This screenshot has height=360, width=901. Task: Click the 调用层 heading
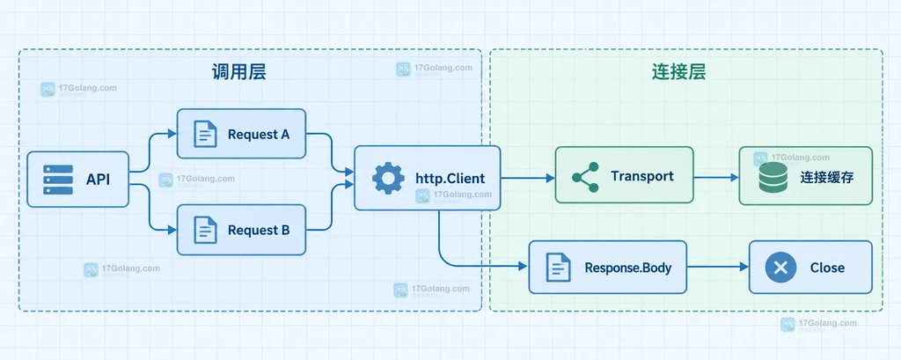[x=239, y=72]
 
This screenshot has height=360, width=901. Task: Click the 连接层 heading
[x=678, y=72]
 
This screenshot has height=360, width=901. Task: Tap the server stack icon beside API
[x=58, y=180]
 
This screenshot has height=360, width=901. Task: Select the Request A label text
[x=259, y=135]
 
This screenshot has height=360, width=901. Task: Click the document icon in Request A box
[x=205, y=134]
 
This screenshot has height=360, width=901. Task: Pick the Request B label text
[x=259, y=231]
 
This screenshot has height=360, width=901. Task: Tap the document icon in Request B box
[x=205, y=230]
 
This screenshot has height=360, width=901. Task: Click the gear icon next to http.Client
[x=388, y=179]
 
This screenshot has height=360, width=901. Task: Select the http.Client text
[x=450, y=179]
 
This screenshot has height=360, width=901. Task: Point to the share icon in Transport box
[x=585, y=177]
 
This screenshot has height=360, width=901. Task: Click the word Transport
[x=642, y=176]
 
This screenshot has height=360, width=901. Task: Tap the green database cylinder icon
[x=773, y=177]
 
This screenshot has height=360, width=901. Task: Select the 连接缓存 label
[x=827, y=177]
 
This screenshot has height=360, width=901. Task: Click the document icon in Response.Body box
[x=558, y=267]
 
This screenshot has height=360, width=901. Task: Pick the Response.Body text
[x=628, y=268]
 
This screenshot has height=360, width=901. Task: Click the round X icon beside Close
[x=780, y=268]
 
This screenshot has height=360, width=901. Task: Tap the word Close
[x=827, y=268]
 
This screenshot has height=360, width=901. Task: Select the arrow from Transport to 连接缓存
[x=716, y=178]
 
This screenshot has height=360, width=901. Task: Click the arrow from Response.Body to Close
[x=718, y=267]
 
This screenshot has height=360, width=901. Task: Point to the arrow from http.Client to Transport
[x=528, y=179]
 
